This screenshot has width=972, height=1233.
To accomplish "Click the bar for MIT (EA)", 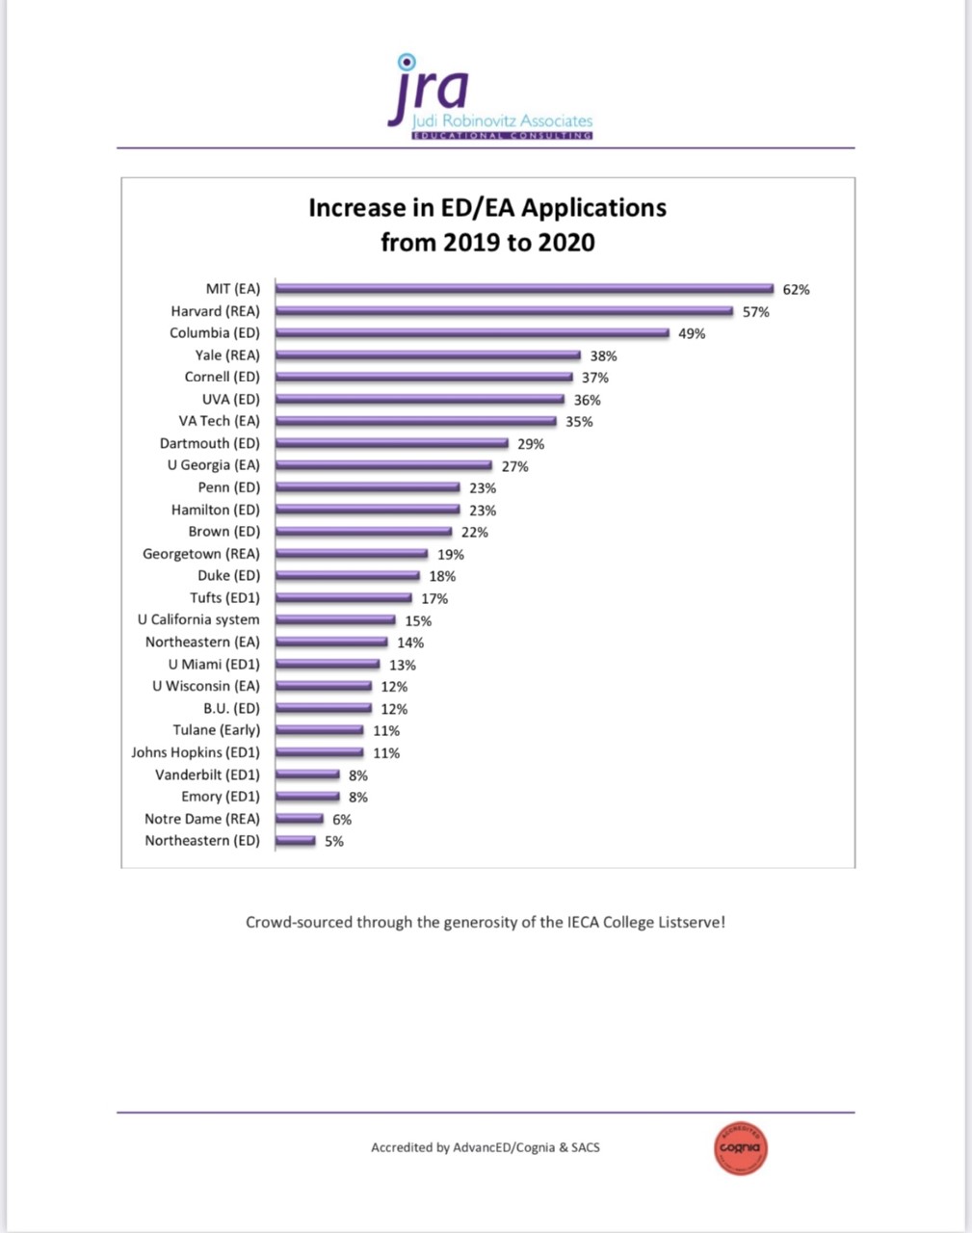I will pyautogui.click(x=525, y=288).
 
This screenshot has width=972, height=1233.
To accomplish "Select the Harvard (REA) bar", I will pyautogui.click(x=505, y=310).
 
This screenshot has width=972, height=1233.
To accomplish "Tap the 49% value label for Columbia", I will pyautogui.click(x=692, y=333).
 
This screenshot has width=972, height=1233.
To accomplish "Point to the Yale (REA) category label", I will pyautogui.click(x=227, y=354).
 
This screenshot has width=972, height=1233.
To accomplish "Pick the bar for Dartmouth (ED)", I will pyautogui.click(x=392, y=443).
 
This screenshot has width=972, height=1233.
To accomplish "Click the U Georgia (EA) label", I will pyautogui.click(x=213, y=464).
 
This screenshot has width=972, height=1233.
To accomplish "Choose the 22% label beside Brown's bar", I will pyautogui.click(x=474, y=532).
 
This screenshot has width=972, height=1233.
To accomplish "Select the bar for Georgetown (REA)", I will pyautogui.click(x=352, y=553).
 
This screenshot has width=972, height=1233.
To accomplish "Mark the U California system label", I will pyautogui.click(x=198, y=619).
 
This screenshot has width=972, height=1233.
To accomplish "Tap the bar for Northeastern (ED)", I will pyautogui.click(x=296, y=840).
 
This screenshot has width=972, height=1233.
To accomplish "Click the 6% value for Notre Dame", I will pyautogui.click(x=342, y=820).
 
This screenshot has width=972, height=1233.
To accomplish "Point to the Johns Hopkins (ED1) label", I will pyautogui.click(x=196, y=752).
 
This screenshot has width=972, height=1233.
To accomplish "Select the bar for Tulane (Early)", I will pyautogui.click(x=320, y=730).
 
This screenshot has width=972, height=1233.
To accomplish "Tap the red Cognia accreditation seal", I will pyautogui.click(x=741, y=1147).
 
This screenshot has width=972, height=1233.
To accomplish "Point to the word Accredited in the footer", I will pyautogui.click(x=402, y=1147).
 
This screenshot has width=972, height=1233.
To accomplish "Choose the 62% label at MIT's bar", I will pyautogui.click(x=796, y=289).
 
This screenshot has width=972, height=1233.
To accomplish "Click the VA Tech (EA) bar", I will pyautogui.click(x=416, y=421).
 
